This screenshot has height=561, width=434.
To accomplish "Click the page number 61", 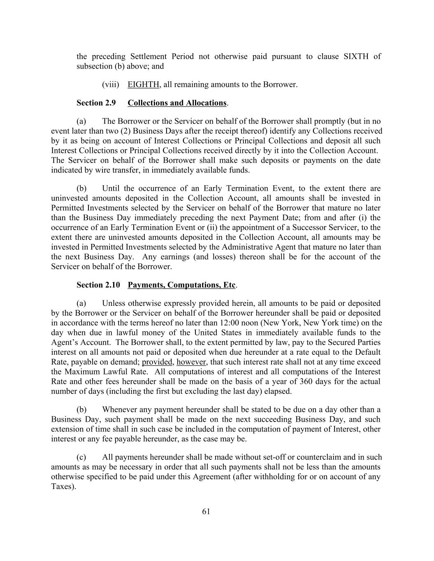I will [x=206, y=511].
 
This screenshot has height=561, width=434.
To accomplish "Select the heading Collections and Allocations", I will [x=177, y=103].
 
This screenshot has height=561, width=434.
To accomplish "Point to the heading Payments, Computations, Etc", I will [x=181, y=285].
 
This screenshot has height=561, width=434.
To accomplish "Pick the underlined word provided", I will [x=157, y=362].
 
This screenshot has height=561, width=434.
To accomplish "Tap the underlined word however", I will [x=191, y=362].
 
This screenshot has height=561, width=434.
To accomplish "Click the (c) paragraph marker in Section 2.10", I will [x=81, y=457].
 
